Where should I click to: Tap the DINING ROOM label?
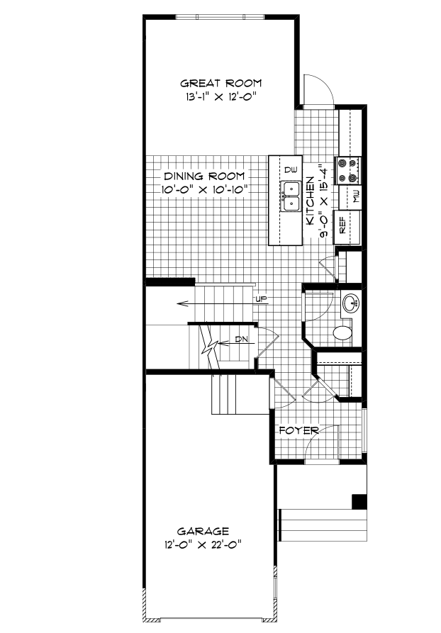tap(204, 176)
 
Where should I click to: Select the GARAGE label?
tap(203, 530)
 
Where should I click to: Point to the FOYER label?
tap(298, 430)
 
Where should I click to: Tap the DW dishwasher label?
tap(290, 170)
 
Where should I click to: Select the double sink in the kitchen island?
tap(291, 196)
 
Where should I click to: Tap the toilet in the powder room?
tap(343, 332)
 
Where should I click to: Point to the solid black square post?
tap(359, 501)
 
